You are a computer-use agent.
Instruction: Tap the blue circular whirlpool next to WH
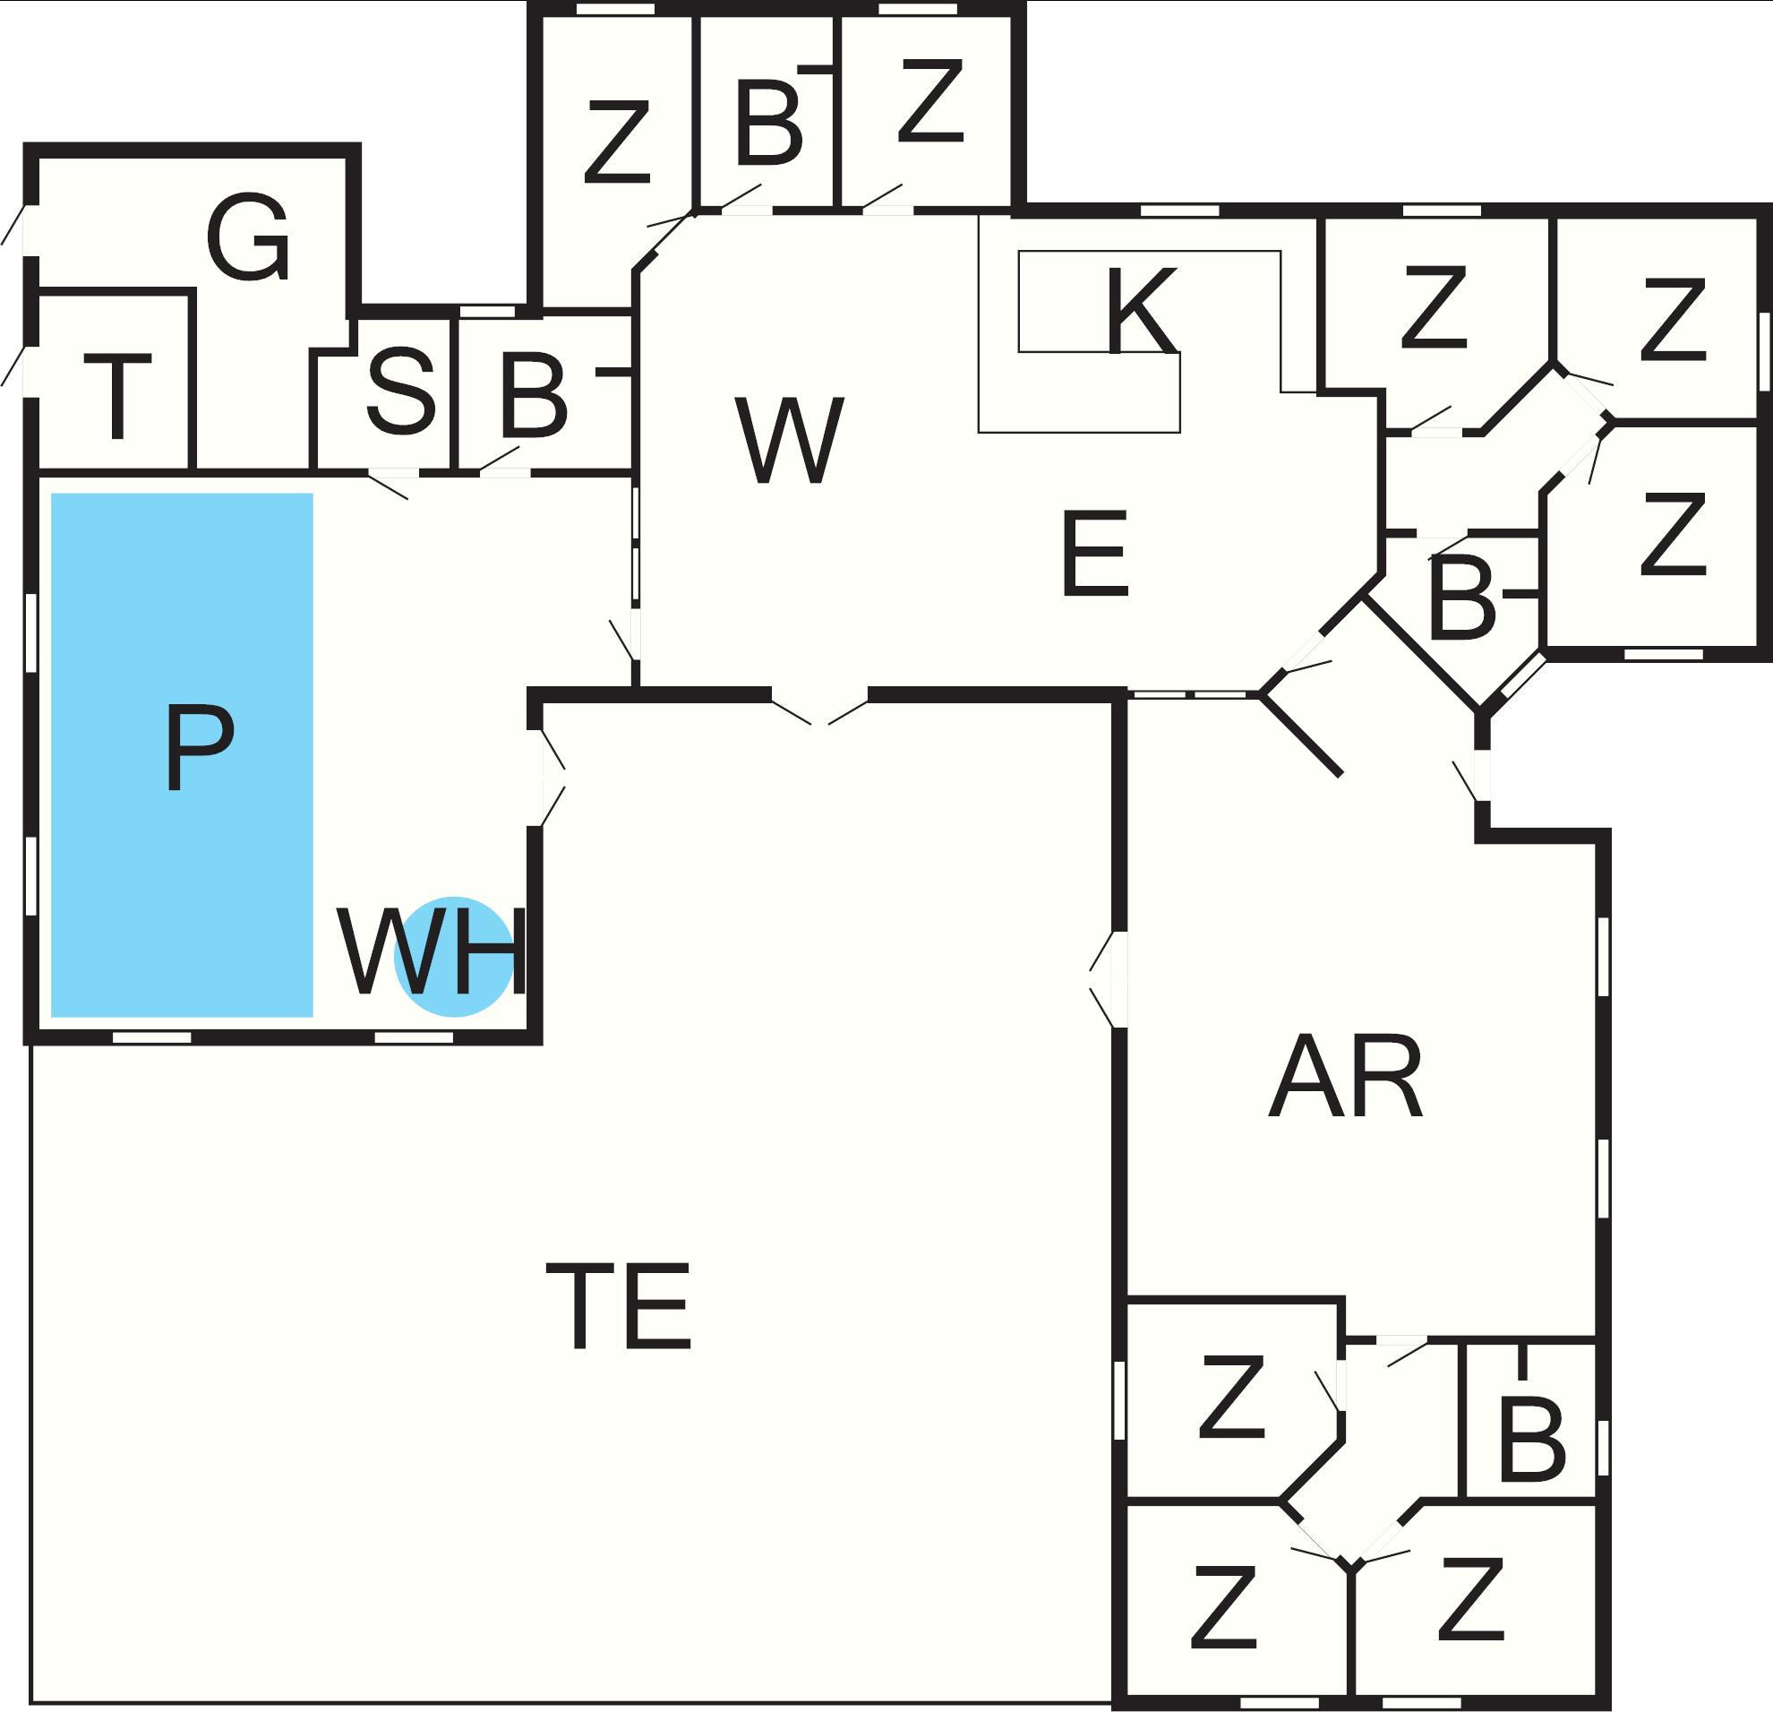click(x=454, y=957)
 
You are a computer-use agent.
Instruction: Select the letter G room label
click(x=248, y=237)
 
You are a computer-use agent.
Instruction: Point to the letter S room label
click(x=401, y=391)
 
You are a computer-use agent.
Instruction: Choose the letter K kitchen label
click(x=1142, y=310)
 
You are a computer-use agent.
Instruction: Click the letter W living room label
click(x=790, y=440)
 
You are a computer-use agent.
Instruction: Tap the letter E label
click(x=1095, y=553)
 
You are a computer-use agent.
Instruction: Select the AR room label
click(x=1345, y=1078)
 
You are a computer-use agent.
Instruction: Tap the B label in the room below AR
click(x=1531, y=1440)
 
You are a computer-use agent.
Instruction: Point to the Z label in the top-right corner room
click(x=1673, y=319)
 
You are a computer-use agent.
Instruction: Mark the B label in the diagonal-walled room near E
click(x=1460, y=598)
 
